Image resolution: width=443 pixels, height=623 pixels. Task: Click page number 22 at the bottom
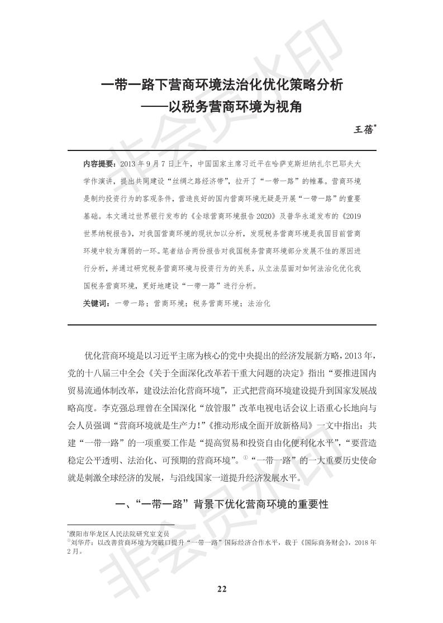tap(221, 588)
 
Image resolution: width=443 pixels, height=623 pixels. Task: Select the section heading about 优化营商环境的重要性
tap(221, 504)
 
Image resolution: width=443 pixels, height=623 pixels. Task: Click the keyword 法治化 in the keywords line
tap(259, 303)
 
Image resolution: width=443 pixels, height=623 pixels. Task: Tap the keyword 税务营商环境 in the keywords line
tap(214, 303)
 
